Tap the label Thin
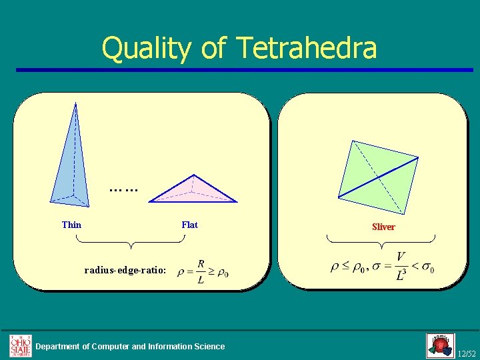(x=71, y=225)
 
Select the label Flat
(x=189, y=225)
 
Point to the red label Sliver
(x=383, y=227)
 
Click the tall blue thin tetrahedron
(x=71, y=167)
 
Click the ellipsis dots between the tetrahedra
(x=123, y=190)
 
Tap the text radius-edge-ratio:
(x=125, y=271)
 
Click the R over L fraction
(x=201, y=272)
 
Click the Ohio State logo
(x=20, y=345)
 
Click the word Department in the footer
(x=63, y=346)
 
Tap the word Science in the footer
(x=209, y=346)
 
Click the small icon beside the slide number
(x=440, y=345)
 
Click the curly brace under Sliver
(x=380, y=241)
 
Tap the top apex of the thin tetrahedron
(x=75, y=103)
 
